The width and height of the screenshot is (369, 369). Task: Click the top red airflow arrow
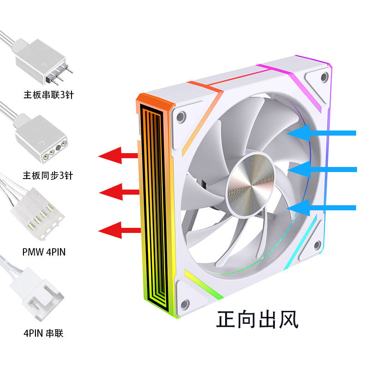point(118,155)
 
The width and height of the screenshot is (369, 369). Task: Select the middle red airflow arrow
point(119,192)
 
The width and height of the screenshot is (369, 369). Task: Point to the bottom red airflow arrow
point(119,230)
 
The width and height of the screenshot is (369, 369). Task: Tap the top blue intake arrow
point(321,133)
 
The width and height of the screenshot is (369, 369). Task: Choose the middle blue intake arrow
point(322,169)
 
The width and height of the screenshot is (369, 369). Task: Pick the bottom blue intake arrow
point(321,208)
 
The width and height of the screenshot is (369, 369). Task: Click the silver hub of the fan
point(250,184)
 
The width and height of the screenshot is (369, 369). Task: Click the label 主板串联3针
point(49,95)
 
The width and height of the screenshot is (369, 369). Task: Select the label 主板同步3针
point(48,176)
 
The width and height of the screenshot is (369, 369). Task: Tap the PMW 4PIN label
point(44,252)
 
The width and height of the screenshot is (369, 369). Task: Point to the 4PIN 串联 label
point(43,333)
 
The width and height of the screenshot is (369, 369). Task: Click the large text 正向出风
point(257,319)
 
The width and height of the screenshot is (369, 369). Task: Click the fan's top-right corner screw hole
point(325,77)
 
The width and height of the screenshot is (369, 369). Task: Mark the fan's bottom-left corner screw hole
point(185,304)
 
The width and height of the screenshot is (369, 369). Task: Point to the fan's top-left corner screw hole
point(181,117)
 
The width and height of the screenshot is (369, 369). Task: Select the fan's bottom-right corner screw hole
point(317,245)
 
